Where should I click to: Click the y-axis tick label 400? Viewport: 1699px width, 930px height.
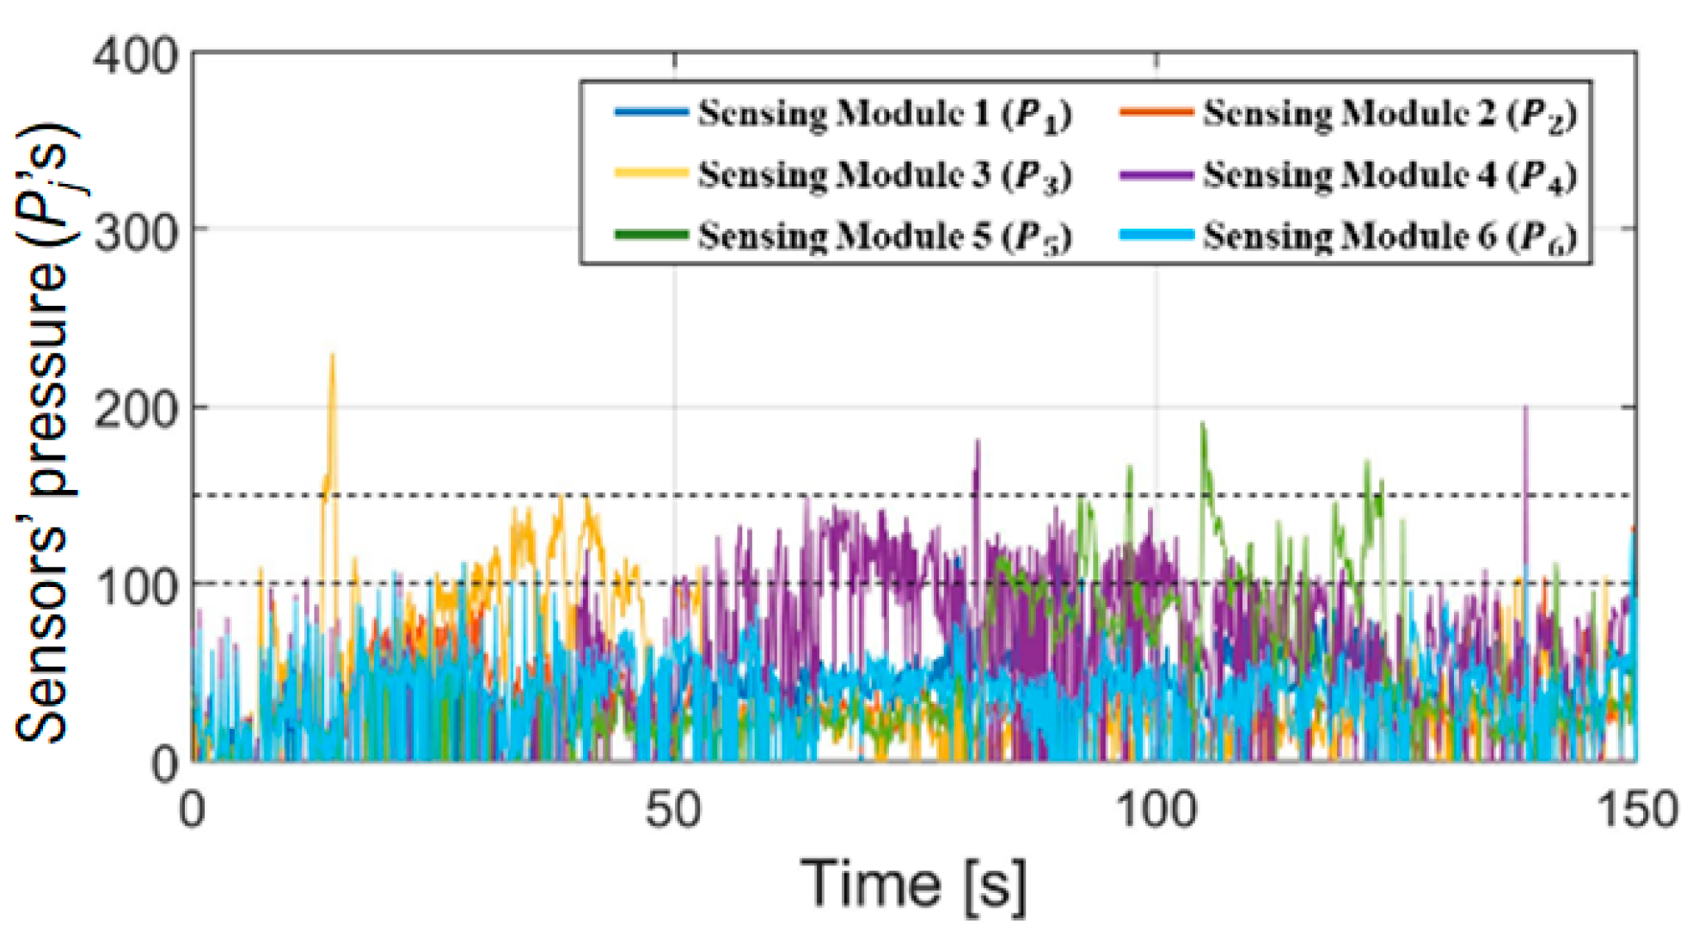click(x=135, y=58)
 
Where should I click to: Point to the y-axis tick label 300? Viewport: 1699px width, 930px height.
click(x=135, y=232)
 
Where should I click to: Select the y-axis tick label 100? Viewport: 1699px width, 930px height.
click(x=135, y=587)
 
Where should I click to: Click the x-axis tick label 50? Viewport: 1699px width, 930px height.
click(x=673, y=810)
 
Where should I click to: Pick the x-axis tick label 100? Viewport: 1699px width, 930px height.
click(x=1156, y=810)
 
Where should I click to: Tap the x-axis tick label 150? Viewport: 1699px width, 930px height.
click(x=1636, y=810)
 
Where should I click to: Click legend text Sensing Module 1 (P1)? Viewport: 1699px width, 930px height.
click(x=885, y=114)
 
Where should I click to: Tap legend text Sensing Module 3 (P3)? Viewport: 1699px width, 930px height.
click(x=885, y=175)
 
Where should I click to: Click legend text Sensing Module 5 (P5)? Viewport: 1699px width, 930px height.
click(x=885, y=236)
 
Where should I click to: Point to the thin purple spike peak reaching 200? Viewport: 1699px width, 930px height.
click(x=1525, y=407)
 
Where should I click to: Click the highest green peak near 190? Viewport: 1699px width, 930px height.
click(x=1202, y=424)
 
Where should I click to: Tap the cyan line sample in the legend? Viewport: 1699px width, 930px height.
click(x=1156, y=235)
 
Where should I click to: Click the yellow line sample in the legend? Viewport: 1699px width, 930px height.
click(x=651, y=174)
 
